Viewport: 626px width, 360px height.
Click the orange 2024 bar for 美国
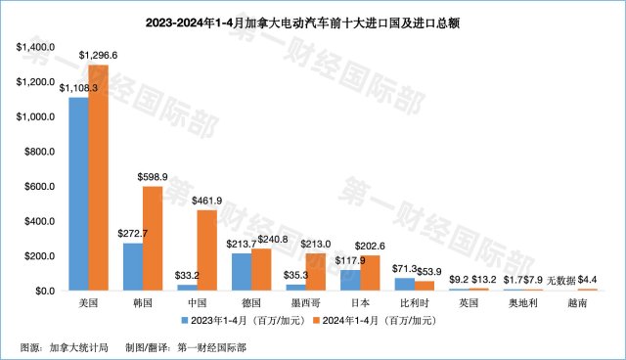point(98,178)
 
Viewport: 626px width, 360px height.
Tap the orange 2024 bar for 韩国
point(153,239)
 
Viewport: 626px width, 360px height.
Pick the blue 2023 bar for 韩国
point(132,267)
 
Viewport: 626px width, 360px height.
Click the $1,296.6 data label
point(100,56)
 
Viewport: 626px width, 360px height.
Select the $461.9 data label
point(208,202)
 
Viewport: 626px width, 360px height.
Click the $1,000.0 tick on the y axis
point(36,116)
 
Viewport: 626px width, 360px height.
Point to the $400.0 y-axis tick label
point(39,221)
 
